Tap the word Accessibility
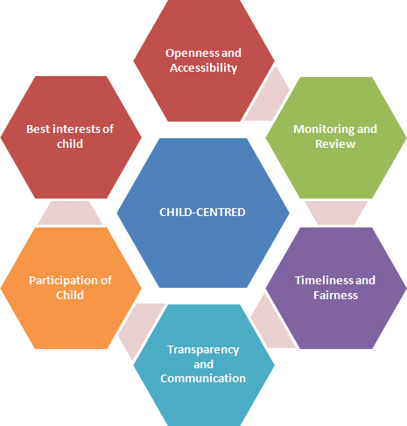point(204,68)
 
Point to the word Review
point(335,144)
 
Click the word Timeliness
point(324,281)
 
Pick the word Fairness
point(335,296)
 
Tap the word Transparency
point(203,350)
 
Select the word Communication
point(203,379)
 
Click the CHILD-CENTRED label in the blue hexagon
point(202,213)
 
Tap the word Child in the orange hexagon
point(70,296)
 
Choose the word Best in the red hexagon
point(39,129)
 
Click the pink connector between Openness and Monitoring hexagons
point(268,94)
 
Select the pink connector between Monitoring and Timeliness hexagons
point(336,213)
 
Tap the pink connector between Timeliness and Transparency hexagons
point(272,322)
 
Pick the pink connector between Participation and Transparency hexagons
point(141,330)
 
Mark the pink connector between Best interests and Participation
point(70,213)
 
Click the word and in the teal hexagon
point(204,365)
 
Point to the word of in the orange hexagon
point(106,281)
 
